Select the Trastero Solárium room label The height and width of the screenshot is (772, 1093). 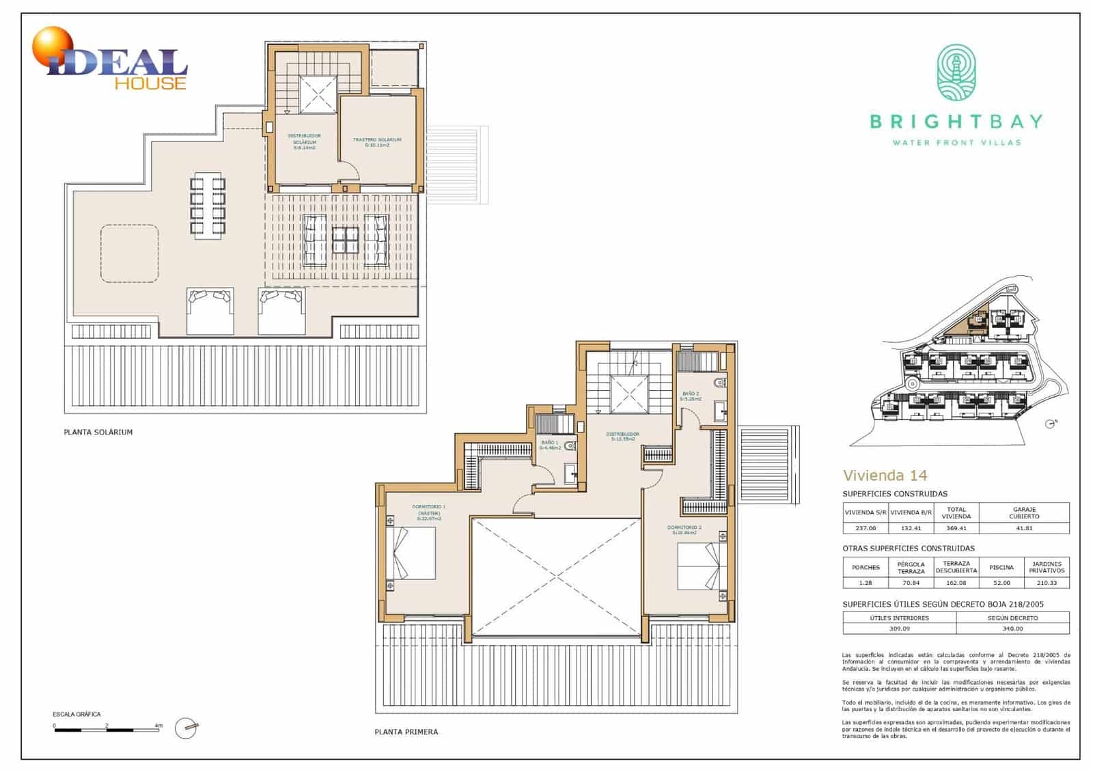(377, 142)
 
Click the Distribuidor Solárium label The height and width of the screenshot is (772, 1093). (304, 141)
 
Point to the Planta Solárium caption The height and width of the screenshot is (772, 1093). (98, 432)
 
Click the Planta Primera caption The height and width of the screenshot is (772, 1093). (406, 732)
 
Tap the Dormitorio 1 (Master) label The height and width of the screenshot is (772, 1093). (428, 512)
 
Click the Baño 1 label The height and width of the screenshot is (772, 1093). (550, 445)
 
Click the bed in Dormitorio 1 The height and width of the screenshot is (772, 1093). (412, 554)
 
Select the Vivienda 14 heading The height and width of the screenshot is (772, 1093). (885, 475)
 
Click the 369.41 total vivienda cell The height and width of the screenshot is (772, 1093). (956, 528)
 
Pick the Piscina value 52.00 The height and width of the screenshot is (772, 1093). (1001, 583)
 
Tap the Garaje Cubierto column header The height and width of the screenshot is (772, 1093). (1024, 512)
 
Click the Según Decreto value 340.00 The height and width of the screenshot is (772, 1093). (1012, 629)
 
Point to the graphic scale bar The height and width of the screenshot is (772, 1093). (107, 730)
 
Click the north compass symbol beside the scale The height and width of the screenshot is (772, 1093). (186, 728)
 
